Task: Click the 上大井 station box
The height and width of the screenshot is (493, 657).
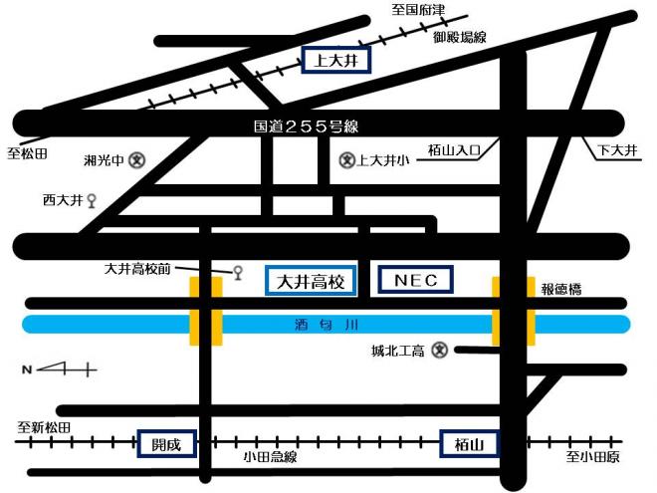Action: point(335,61)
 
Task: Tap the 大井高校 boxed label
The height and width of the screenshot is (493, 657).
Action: point(310,281)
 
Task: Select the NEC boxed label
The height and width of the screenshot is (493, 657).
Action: point(416,281)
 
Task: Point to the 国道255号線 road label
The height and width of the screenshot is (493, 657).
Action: point(306,127)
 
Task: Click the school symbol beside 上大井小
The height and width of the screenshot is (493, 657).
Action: point(346,158)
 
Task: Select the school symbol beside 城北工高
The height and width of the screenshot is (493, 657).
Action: point(440,350)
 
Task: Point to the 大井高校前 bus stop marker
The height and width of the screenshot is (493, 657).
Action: point(237,272)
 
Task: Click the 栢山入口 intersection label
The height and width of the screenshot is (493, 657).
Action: point(455,150)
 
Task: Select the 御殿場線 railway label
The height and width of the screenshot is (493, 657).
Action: point(459,37)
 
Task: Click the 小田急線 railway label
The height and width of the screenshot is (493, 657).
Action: point(270,456)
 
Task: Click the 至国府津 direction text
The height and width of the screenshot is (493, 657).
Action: point(418,10)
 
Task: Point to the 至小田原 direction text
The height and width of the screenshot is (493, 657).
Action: point(593,457)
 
